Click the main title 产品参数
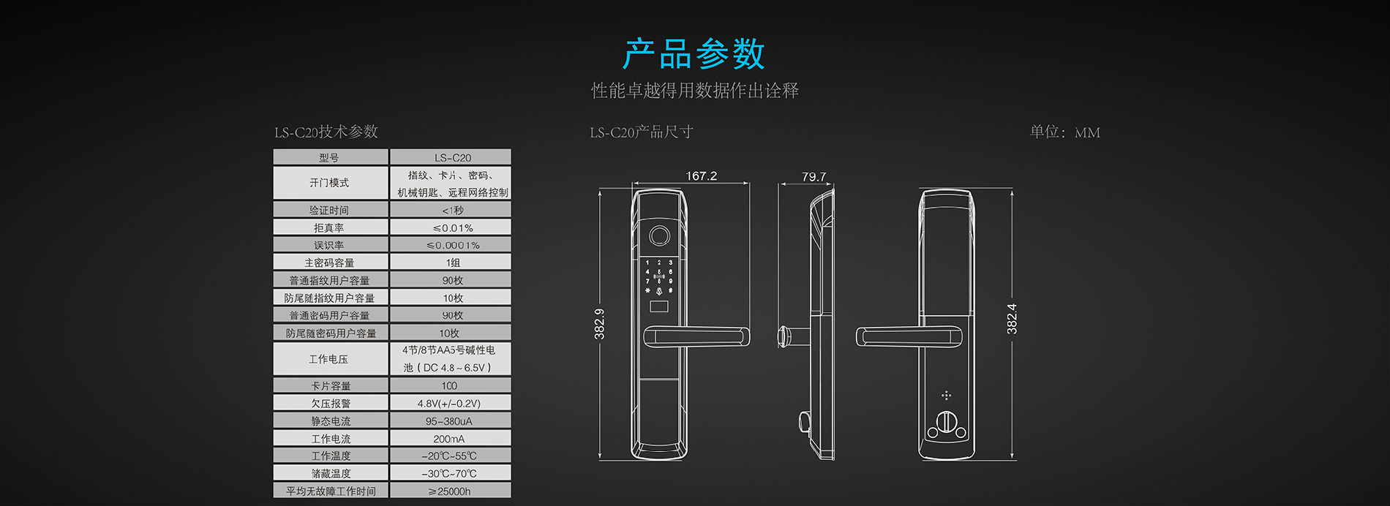(694, 55)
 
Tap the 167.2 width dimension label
(701, 176)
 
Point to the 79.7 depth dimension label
(814, 177)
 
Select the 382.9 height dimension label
(600, 323)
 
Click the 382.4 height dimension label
(1012, 319)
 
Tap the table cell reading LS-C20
(452, 157)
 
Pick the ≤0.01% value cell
(452, 227)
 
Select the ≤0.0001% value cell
(452, 245)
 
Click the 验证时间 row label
(329, 210)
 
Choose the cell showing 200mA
(449, 439)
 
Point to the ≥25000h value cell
(449, 491)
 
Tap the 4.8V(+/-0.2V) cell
(449, 404)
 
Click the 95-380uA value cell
(449, 421)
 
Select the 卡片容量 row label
(331, 386)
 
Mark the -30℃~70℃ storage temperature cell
(449, 474)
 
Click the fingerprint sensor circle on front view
(659, 236)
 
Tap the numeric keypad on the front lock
(658, 276)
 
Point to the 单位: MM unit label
(1064, 132)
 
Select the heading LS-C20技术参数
(326, 132)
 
